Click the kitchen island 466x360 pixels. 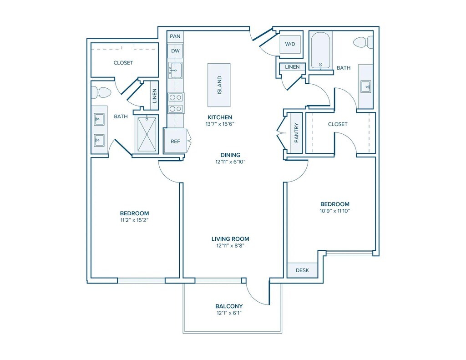(x=219, y=85)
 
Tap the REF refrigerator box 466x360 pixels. (x=175, y=141)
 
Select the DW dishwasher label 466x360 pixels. (x=175, y=51)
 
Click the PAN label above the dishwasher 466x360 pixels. (x=175, y=36)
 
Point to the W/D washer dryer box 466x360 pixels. (x=290, y=44)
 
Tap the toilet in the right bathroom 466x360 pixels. (x=364, y=42)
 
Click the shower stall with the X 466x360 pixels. (x=147, y=134)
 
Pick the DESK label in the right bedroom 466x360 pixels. (x=302, y=270)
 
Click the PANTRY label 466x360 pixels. (x=296, y=133)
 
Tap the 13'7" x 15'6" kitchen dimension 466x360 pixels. (x=220, y=124)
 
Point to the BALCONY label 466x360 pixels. (x=229, y=306)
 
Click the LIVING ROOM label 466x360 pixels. (x=230, y=239)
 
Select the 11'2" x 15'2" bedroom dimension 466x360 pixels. (x=134, y=220)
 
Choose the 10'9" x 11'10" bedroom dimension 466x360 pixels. (x=335, y=211)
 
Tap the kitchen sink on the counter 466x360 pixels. (x=175, y=71)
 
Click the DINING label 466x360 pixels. (x=230, y=155)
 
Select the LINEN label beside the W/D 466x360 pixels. (x=292, y=67)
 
